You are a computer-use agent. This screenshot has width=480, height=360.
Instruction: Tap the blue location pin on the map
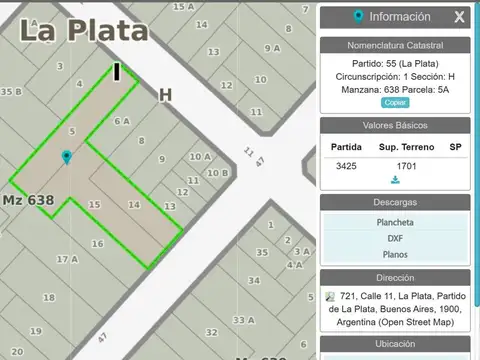(x=67, y=158)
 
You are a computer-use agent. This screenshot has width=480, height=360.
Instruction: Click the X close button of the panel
(x=459, y=17)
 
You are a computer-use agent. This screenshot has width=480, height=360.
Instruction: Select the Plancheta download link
(x=395, y=222)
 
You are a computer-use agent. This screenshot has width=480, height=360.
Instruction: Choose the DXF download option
(x=395, y=238)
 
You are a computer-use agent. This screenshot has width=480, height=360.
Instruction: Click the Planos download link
(x=395, y=254)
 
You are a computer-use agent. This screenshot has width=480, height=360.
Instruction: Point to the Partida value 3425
(x=346, y=165)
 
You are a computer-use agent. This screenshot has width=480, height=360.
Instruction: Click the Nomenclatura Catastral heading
(x=395, y=46)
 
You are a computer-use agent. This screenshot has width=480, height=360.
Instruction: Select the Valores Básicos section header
(x=395, y=125)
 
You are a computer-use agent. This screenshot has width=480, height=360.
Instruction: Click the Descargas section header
(x=395, y=201)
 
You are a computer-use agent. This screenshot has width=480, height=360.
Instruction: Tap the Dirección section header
(x=395, y=277)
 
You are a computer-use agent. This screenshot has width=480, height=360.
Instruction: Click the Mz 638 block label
(x=28, y=200)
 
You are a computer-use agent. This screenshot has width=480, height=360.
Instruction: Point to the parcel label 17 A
(x=67, y=258)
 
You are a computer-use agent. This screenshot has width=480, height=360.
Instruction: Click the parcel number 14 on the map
(x=133, y=204)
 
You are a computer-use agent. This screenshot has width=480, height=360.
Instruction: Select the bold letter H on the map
(x=165, y=94)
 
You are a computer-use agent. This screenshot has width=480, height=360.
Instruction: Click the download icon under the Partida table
(x=395, y=180)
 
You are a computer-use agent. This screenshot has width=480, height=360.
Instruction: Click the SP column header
(x=455, y=147)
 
